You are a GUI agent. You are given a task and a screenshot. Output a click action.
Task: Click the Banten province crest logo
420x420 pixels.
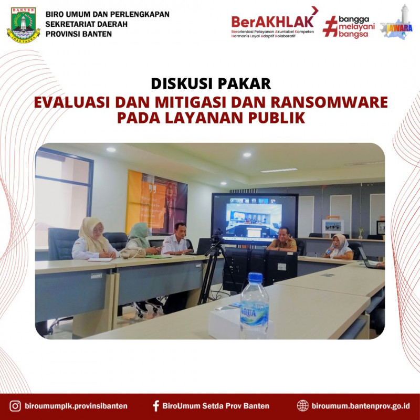click(x=23, y=25)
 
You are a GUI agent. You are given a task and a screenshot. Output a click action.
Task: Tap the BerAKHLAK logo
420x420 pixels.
click(x=273, y=23)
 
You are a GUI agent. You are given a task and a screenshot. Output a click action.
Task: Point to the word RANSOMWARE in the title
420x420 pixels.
click(x=330, y=102)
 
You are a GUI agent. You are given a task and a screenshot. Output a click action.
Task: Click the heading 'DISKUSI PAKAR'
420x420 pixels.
click(x=211, y=83)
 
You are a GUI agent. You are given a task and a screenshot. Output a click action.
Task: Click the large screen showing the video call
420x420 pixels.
click(x=255, y=217)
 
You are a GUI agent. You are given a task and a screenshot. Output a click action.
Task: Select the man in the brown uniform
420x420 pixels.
click(x=282, y=239)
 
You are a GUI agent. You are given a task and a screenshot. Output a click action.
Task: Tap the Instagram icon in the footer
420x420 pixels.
click(x=16, y=406)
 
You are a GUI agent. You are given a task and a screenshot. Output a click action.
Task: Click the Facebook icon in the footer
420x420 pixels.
click(x=155, y=406)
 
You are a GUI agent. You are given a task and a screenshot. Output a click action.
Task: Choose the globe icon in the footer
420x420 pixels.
click(x=303, y=406)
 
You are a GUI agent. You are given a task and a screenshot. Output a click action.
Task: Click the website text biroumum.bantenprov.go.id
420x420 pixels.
click(x=361, y=406)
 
